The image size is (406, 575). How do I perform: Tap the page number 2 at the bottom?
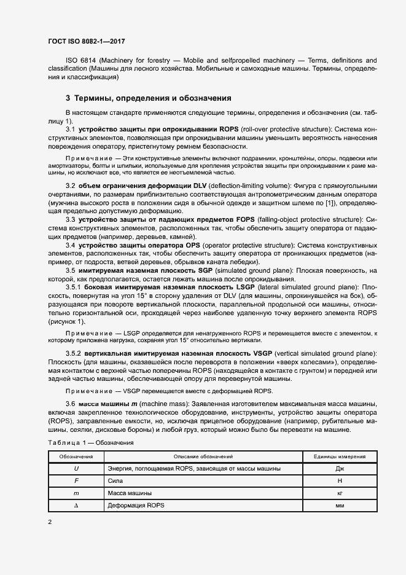click(50, 522)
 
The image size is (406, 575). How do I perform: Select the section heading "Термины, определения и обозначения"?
click(152, 98)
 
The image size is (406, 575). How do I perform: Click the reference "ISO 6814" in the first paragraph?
click(79, 61)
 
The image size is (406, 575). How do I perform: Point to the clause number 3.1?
click(70, 130)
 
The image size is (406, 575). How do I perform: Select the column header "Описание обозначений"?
click(203, 456)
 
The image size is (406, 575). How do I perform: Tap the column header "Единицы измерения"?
click(340, 456)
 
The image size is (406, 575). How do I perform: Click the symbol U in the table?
click(76, 469)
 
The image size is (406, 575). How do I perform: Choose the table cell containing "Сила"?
click(115, 481)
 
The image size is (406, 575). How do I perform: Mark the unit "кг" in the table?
click(340, 493)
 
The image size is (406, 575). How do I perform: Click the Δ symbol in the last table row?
click(76, 505)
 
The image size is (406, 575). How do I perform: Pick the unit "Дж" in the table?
click(340, 469)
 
